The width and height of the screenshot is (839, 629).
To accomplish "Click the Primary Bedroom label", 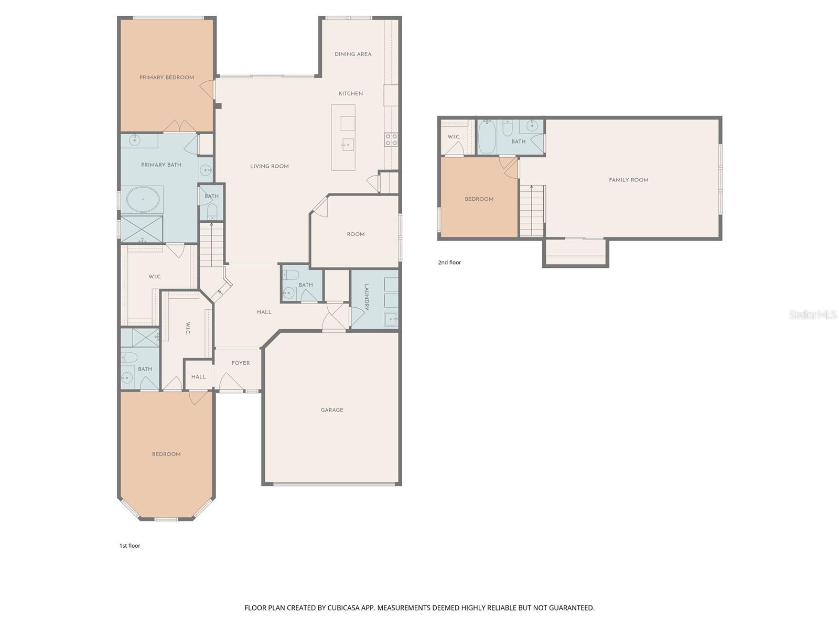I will pos(167,78).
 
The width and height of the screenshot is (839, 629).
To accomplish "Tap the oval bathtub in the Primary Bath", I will pos(143,200).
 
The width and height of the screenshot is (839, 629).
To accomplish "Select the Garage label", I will pos(332,410).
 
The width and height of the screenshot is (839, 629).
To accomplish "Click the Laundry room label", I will pos(367,297).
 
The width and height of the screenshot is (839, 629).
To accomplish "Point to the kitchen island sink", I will pos(347,144).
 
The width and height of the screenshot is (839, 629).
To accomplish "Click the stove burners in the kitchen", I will pos(391,139).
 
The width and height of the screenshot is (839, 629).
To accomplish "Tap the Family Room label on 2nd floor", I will pos(628,180).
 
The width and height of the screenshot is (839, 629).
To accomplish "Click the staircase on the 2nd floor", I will pos(532,211).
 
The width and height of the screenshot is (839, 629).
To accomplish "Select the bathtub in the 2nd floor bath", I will pos(486,137).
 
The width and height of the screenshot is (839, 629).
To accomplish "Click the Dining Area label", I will pos(353,54).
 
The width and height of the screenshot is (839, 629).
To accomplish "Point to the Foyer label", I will pos(241,363).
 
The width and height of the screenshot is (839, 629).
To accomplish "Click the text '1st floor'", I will pos(130,546).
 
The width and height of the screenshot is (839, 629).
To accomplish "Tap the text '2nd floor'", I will pos(449,263).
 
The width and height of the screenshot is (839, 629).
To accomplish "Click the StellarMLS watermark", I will pos(813,314).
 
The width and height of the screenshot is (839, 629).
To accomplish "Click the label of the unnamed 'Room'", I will pos(356,234).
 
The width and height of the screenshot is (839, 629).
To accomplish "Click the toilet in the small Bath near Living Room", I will pos(212,211).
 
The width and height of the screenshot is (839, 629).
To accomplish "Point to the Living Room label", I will pos(270,166).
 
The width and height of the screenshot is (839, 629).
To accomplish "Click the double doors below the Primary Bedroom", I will pos(179,127).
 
